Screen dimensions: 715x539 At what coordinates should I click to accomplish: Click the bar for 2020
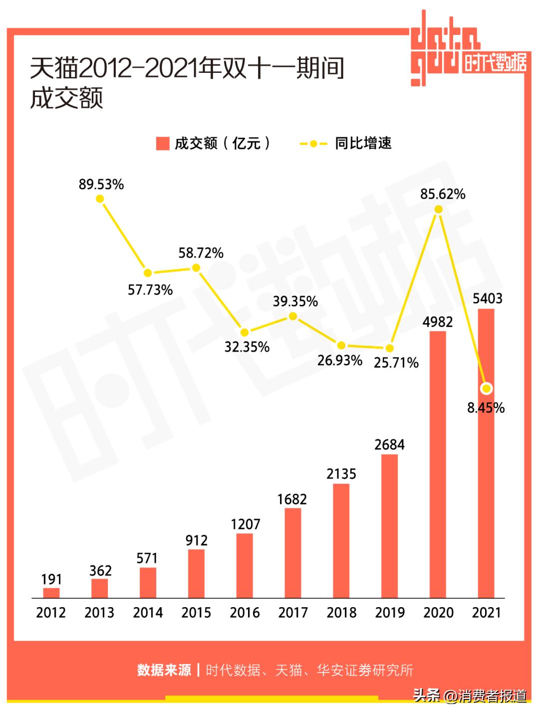[438, 464]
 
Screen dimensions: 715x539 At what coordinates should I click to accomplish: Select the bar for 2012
[51, 593]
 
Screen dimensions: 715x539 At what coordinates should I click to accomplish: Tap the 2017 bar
[293, 553]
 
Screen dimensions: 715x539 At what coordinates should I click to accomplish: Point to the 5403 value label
[487, 299]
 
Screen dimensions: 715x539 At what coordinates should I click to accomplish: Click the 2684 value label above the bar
[389, 444]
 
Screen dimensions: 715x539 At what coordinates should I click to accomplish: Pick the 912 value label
[196, 540]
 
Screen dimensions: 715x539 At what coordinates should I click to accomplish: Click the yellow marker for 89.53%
[100, 199]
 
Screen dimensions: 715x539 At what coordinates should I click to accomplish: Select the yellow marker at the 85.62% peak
[439, 210]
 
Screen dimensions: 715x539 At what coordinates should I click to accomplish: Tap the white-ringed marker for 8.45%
[487, 388]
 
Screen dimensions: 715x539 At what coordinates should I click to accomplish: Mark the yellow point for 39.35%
[293, 316]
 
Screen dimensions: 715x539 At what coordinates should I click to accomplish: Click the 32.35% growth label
[247, 347]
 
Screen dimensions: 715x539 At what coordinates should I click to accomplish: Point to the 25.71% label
[396, 363]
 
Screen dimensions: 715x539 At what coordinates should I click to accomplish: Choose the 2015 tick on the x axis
[196, 613]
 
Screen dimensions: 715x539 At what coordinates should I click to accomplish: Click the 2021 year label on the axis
[486, 613]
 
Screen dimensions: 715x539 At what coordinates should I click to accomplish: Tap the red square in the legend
[163, 144]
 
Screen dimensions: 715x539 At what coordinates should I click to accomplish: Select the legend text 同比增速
[363, 144]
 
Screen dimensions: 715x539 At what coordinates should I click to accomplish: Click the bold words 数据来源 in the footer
[164, 670]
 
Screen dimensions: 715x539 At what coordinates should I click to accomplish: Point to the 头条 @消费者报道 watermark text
[470, 695]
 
